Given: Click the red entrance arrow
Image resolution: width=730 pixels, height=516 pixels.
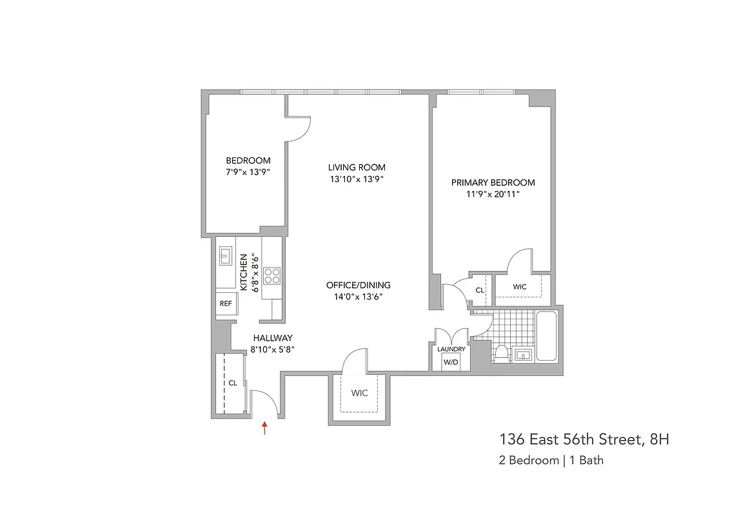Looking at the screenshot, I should coord(264,428).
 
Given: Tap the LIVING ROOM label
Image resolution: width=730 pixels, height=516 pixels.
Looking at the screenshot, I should coord(357,168).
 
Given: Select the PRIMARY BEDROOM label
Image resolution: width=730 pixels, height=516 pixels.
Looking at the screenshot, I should coord(493,183).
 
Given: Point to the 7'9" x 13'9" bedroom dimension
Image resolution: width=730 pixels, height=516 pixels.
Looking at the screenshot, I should coord(248,172).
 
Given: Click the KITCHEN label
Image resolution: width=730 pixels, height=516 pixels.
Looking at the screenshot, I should coord(245,272).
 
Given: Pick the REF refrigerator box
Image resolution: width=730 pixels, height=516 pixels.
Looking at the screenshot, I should coord(226,303).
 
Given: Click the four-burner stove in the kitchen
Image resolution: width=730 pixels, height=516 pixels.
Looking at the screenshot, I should coord(272,276).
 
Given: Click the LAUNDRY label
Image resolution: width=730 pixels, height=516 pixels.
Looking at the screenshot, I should coord(451,349).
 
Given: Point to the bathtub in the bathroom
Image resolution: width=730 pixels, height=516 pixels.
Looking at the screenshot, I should coord(546,337).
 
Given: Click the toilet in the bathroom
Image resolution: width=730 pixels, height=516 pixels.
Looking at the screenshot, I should coord(501,353).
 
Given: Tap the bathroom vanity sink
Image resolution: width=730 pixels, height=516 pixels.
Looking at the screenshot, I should coord(522,354).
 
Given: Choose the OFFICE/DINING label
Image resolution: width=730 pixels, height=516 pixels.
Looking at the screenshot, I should coord(358,285).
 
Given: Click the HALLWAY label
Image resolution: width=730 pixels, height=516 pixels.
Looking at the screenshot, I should coord(273,338).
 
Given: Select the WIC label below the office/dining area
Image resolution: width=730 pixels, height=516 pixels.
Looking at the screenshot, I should coord(359,393).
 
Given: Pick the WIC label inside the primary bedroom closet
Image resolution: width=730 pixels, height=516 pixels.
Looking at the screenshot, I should coord(520,286).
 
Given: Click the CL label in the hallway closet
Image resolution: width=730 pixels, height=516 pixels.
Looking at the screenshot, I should coord(233,382).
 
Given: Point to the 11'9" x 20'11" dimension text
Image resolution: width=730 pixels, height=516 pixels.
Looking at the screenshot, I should coord(493,193).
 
